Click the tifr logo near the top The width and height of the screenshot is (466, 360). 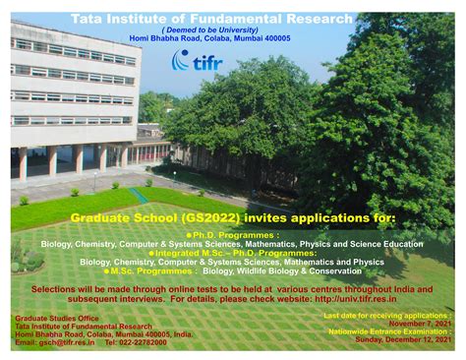[x=197, y=62]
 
